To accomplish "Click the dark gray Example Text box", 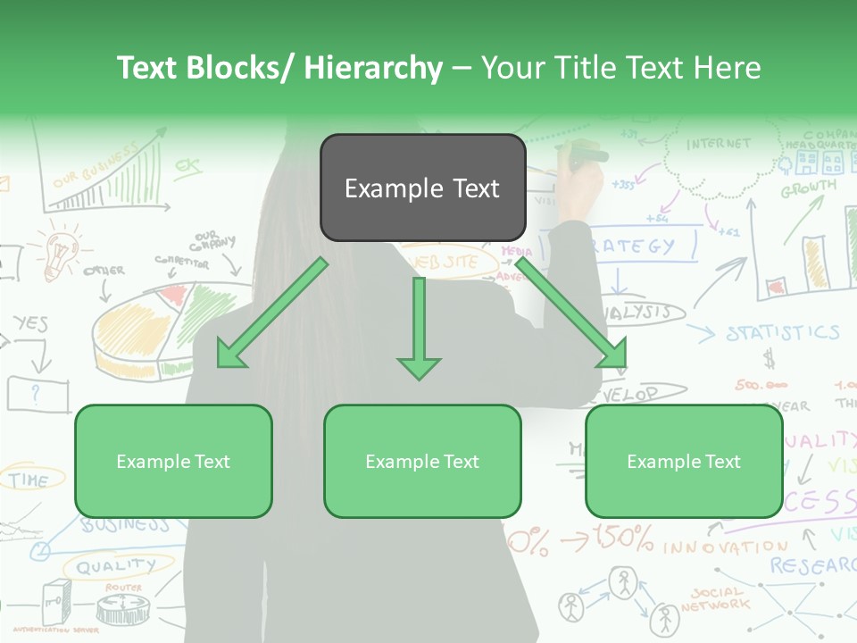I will point(422,188).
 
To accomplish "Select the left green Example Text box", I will point(173,461).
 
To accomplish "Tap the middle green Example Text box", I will point(422,461).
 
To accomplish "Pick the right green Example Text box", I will point(684,461).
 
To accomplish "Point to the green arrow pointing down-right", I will point(571,313).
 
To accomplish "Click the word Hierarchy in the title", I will point(373,68).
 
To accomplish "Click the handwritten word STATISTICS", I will point(782,333).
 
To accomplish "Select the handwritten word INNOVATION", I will point(725,546).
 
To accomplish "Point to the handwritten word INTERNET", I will point(719,144).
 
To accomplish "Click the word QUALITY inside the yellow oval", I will point(115,566).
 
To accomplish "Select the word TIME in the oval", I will point(29,480).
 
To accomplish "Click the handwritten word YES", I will point(30,323).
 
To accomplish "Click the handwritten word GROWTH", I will point(808,188).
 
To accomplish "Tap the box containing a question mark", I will point(37,393).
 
